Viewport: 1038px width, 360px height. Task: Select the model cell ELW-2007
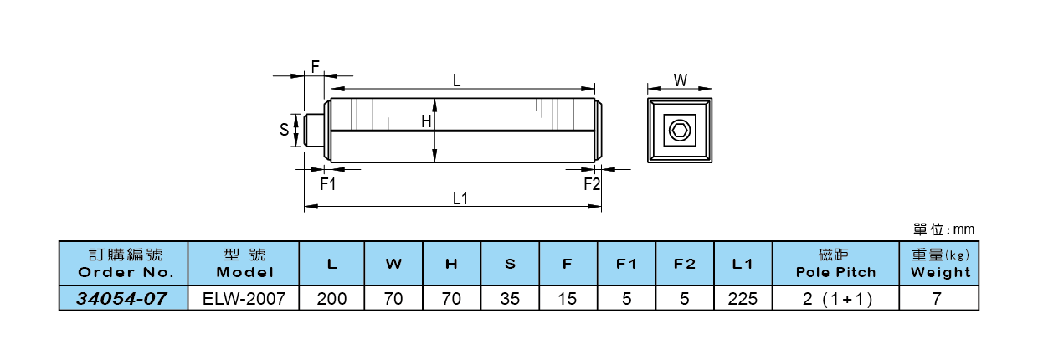point(244,298)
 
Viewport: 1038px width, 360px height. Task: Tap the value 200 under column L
point(332,298)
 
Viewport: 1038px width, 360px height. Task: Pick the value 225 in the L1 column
point(743,298)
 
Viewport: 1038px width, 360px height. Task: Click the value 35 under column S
point(510,298)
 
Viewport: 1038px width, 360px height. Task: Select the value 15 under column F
point(568,298)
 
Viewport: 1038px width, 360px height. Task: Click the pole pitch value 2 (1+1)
point(835,298)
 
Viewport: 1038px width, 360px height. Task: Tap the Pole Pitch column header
point(835,264)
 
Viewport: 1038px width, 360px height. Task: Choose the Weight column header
point(940,264)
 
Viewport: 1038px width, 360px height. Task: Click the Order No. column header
point(124,264)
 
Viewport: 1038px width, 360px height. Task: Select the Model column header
point(244,264)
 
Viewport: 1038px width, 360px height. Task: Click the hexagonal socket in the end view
point(679,130)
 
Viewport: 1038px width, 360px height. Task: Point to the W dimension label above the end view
point(680,80)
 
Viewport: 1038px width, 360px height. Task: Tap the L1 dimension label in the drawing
point(460,198)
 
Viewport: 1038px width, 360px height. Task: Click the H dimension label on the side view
point(426,121)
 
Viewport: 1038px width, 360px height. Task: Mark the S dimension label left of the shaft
point(284,130)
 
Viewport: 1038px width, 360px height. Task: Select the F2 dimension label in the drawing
point(592,184)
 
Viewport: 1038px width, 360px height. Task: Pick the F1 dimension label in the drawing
point(327,184)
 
